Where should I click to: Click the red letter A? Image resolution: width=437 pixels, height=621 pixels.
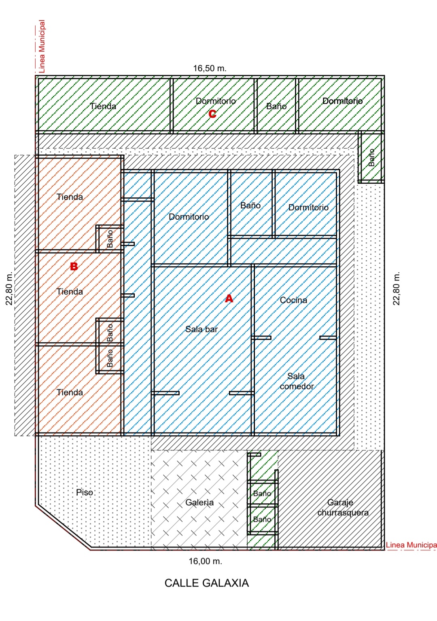coord(229,299)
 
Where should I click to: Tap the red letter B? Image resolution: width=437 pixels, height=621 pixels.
coord(74,267)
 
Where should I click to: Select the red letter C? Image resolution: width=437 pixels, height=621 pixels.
coord(212,114)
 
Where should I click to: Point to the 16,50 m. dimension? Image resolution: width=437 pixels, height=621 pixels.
coord(210,68)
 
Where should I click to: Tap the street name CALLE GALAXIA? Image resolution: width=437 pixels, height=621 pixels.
coord(207,583)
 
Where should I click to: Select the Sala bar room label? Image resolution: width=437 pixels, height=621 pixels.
coord(202,329)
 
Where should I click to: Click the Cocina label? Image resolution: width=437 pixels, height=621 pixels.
coord(293,300)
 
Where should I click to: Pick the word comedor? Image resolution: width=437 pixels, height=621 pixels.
coord(297,386)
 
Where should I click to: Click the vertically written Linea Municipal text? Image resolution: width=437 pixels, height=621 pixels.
coord(42,46)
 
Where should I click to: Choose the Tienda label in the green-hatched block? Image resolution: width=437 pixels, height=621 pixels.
coord(103,106)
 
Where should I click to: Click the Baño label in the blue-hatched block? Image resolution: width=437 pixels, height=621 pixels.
coord(250,206)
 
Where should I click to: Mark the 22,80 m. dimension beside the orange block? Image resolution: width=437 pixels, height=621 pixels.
coord(9,288)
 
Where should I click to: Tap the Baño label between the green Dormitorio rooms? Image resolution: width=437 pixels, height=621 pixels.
coord(276,106)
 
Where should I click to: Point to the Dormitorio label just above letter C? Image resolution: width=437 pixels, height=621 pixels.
coord(216,101)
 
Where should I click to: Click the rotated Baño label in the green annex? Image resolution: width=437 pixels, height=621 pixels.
coord(371,157)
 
